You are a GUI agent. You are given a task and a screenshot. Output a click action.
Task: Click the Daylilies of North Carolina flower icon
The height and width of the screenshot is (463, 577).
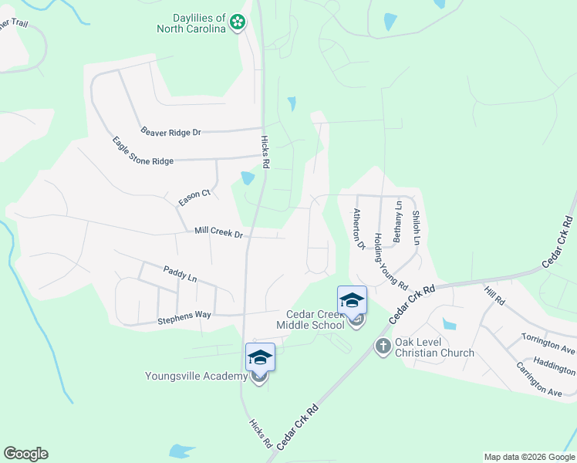pos(238,23)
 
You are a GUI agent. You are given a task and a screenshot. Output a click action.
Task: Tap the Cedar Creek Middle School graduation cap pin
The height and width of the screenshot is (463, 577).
pos(352,299)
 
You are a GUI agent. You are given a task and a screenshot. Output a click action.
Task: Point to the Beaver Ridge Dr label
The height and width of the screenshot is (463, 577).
pos(170,132)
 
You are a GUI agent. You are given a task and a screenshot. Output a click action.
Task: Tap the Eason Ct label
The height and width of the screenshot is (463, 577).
pos(194,198)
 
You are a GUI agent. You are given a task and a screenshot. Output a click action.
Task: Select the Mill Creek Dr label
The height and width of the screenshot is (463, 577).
pos(218,231)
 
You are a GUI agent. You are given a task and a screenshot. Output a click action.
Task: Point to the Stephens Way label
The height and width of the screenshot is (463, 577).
pos(184,316)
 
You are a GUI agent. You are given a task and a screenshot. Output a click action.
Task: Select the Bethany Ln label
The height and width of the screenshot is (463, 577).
pos(398,222)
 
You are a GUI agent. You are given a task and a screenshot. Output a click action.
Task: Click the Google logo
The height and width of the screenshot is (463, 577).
pos(25,454)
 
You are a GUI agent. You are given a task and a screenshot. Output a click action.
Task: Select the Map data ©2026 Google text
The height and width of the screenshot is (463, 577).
pos(529,457)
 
